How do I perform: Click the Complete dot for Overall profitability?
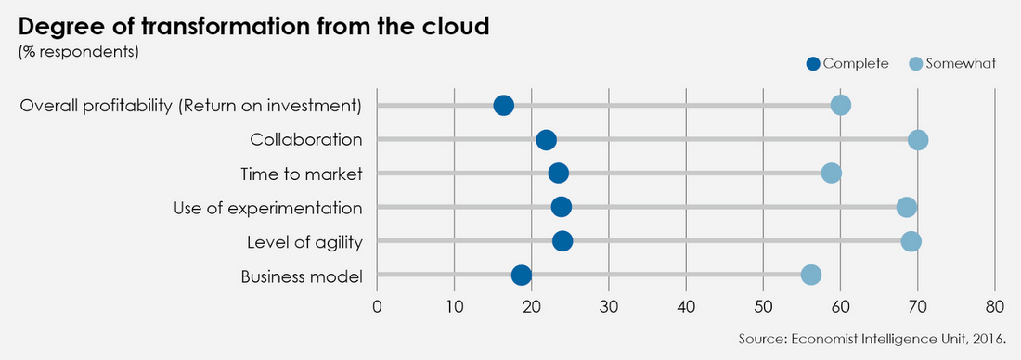point(504,105)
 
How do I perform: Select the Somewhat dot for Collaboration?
point(918,140)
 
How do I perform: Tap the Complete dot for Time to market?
point(558,174)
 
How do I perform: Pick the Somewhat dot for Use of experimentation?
point(907,207)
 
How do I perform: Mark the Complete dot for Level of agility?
point(562,241)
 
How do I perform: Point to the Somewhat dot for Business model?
point(811,275)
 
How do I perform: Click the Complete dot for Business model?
point(522,275)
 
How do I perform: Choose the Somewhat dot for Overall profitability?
point(841,105)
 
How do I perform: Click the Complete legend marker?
point(814,64)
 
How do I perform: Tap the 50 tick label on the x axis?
point(762,307)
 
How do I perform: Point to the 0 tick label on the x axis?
point(377,307)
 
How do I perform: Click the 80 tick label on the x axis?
point(994,307)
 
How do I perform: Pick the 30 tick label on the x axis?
point(608,307)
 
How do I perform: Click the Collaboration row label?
point(305,140)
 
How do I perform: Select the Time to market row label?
point(301,174)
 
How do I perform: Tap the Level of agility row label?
point(304,242)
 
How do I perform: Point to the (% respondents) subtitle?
point(79,51)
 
